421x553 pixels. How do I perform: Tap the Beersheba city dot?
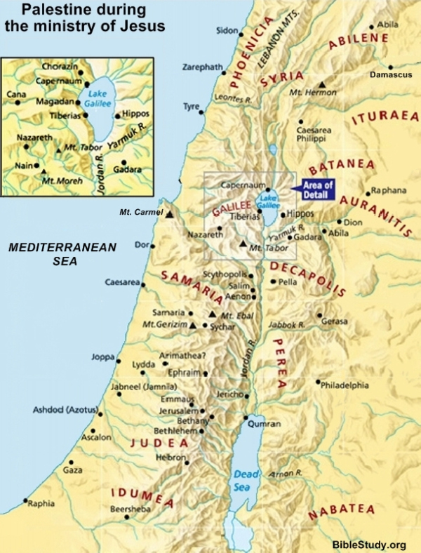point(126,517)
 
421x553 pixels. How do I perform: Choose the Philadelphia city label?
point(345,385)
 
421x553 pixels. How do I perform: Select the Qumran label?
point(266,424)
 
